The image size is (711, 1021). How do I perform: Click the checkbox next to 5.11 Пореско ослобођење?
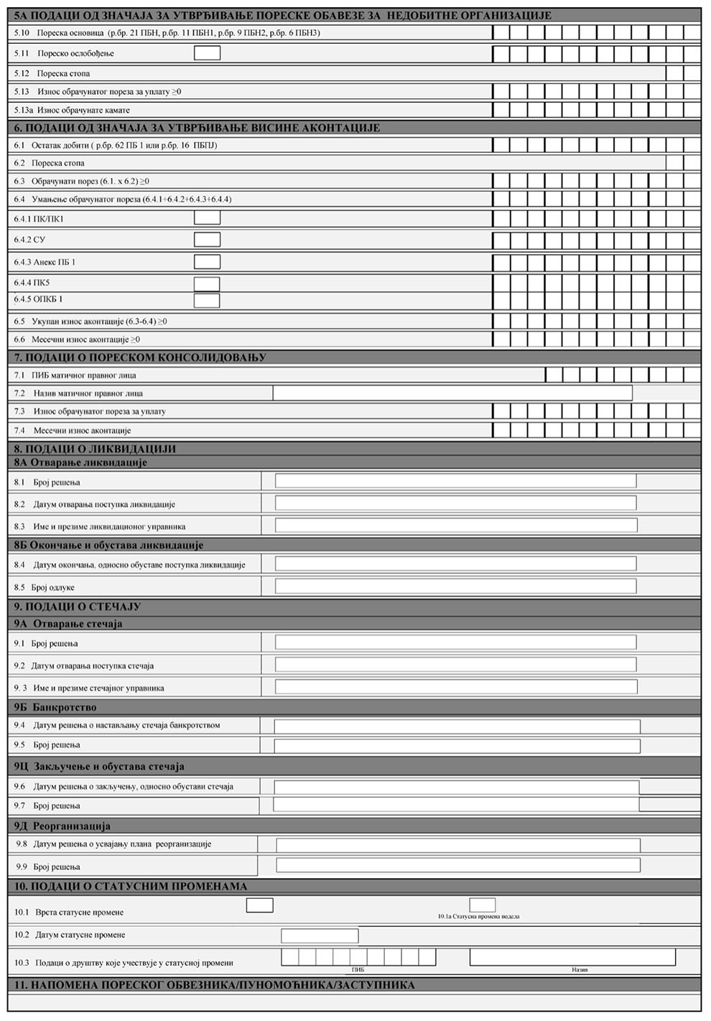(x=207, y=53)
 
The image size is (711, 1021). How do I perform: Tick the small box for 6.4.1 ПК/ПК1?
(x=207, y=218)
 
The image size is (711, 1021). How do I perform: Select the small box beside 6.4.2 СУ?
(x=207, y=240)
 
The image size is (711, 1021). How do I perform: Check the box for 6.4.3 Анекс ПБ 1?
(x=207, y=262)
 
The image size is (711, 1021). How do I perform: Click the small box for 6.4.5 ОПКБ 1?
(x=207, y=300)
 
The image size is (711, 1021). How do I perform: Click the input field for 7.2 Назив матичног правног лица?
(x=452, y=393)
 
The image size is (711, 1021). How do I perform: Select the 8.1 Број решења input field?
(x=455, y=481)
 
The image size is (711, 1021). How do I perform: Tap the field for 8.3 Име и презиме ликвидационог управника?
(x=455, y=526)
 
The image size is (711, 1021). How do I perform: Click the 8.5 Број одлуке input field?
(x=455, y=587)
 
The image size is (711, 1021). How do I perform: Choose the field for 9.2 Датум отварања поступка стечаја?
(x=455, y=665)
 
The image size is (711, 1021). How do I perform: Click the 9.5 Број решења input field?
(x=457, y=745)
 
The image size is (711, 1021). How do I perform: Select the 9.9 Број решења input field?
(x=458, y=866)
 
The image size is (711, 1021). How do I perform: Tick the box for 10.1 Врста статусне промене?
(x=259, y=905)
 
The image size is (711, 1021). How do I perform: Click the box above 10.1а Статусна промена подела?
(x=483, y=905)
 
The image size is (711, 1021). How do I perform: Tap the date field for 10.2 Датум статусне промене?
(x=320, y=936)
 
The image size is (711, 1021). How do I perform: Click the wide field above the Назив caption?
(x=572, y=957)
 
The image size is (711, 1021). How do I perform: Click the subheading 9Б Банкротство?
(x=55, y=707)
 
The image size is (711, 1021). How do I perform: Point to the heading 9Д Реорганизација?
(x=62, y=826)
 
